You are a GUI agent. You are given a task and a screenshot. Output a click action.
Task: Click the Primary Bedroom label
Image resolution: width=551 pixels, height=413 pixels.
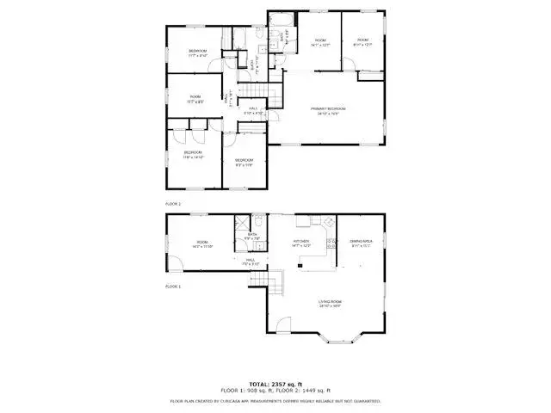[328, 109]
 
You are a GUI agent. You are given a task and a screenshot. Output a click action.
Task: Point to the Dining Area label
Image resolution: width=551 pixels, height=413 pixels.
[360, 243]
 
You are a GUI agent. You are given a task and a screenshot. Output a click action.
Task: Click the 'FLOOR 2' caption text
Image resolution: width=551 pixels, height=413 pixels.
[173, 204]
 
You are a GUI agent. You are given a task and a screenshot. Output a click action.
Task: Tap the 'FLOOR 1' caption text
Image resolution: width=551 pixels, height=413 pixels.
[173, 285]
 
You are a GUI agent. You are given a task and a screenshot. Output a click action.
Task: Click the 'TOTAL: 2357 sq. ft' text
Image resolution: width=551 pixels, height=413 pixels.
[275, 384]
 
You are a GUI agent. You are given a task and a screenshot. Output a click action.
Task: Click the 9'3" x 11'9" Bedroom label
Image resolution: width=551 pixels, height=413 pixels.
[245, 163]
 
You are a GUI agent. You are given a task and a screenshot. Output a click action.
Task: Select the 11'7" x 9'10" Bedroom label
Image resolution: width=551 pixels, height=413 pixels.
[198, 53]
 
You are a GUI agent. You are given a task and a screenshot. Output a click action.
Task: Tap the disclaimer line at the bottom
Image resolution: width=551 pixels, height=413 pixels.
[275, 401]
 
